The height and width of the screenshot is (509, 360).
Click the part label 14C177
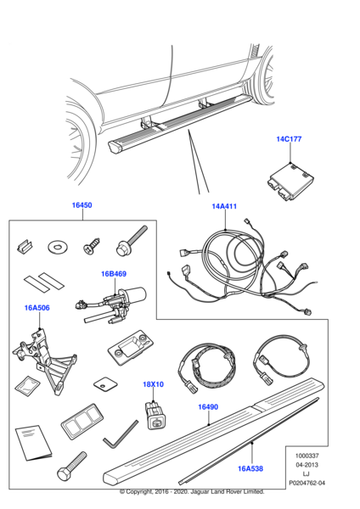tap(289, 139)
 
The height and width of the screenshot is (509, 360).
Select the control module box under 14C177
tap(290, 182)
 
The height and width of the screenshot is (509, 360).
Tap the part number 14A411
tap(224, 206)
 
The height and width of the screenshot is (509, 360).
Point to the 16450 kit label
tap(82, 205)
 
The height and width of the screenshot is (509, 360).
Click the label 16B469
tap(114, 274)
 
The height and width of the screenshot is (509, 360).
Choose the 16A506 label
tap(37, 308)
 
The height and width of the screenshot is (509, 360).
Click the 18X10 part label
tap(153, 384)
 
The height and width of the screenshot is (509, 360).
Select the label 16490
tap(208, 406)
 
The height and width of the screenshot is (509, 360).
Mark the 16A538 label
tap(250, 468)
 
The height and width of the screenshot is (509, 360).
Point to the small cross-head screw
tap(91, 247)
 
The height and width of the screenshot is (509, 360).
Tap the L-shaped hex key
tap(121, 434)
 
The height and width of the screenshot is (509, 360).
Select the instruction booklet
tap(33, 443)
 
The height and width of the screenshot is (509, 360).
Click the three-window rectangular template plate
tap(82, 422)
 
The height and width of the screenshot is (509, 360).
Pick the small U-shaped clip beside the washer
tap(25, 246)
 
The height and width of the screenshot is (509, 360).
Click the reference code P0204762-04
tap(307, 483)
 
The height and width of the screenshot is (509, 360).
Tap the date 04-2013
tap(307, 465)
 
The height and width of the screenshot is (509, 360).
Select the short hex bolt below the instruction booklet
tap(72, 467)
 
